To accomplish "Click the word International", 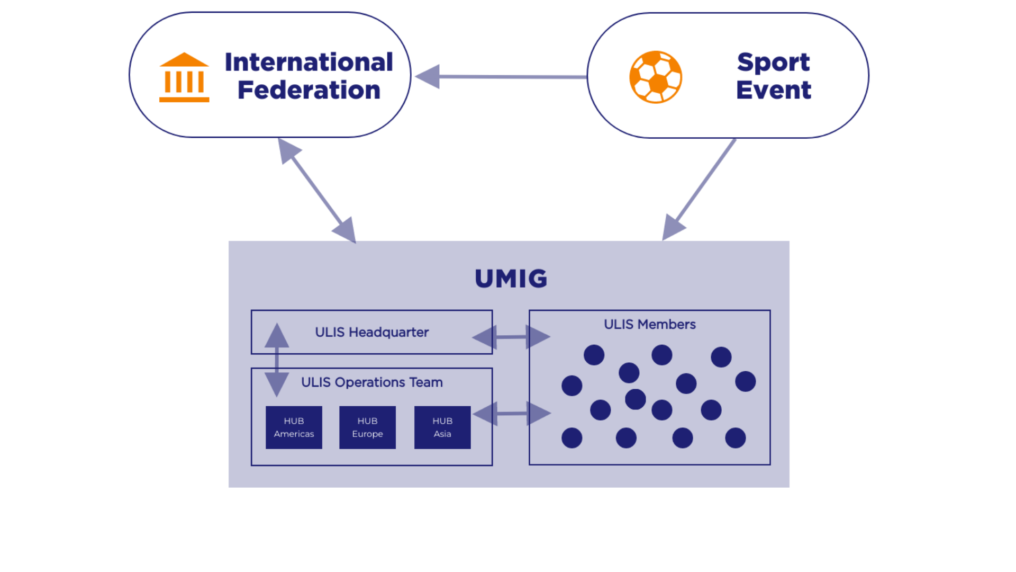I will tap(309, 62).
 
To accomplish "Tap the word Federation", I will tap(309, 90).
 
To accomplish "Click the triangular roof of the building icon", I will tap(184, 59).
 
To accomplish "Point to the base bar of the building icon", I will tap(184, 99).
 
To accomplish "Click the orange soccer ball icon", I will tap(656, 77).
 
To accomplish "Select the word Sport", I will tap(773, 62).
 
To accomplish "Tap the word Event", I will tap(774, 90).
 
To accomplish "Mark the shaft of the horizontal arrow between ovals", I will tap(513, 77).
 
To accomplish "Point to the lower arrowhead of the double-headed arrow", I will tap(345, 229).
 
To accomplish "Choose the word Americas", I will tap(294, 434).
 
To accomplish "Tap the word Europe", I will tap(367, 434).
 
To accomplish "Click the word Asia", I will tap(442, 434).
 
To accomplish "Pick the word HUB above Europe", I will tap(367, 421).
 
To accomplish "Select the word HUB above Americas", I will tap(294, 421).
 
